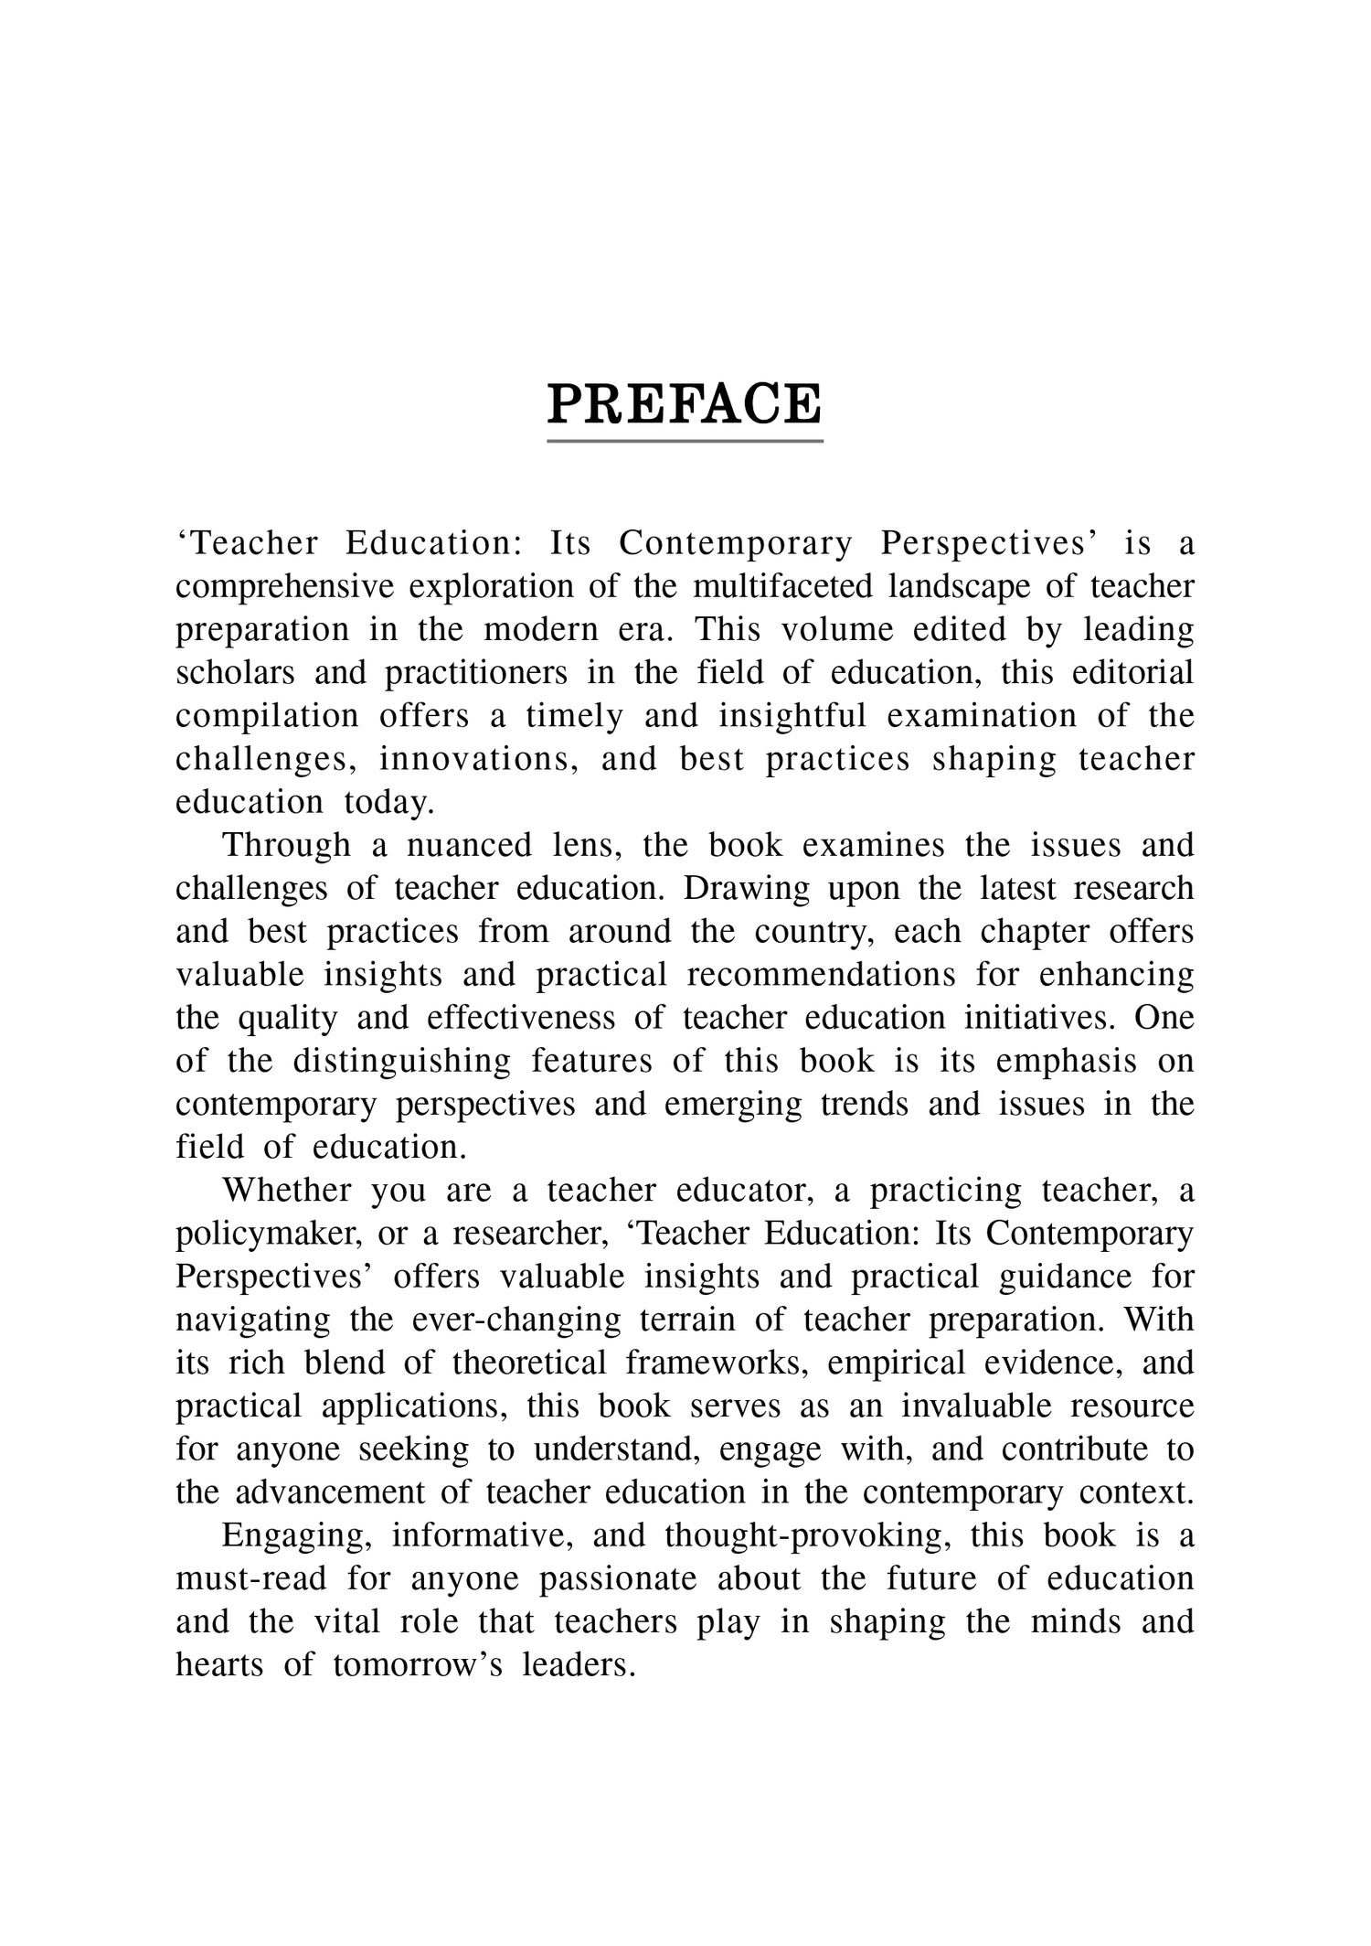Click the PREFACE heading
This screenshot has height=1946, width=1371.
685,404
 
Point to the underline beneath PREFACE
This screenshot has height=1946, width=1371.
685,442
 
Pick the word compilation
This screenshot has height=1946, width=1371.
267,716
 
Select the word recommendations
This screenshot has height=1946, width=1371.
821,975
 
